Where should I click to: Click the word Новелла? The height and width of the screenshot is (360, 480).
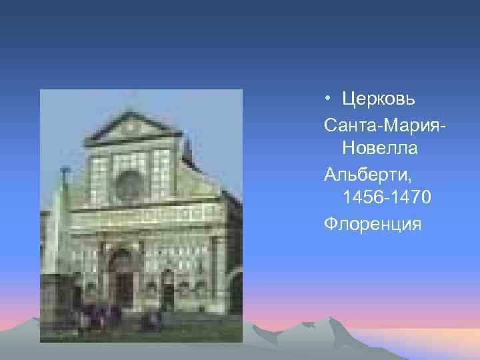[379, 149]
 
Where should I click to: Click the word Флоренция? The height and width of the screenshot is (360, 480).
[372, 223]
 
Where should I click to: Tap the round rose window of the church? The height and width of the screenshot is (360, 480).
[130, 182]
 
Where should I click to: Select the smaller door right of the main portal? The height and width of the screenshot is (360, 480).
[167, 290]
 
